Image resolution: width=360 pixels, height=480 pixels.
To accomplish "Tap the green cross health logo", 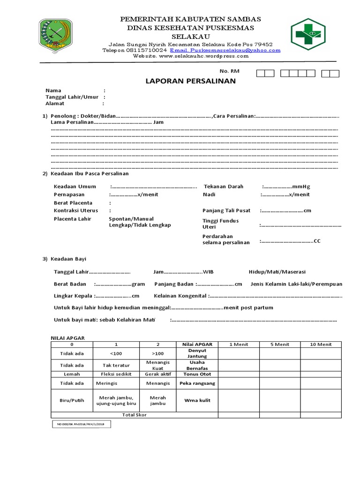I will tap(310, 34).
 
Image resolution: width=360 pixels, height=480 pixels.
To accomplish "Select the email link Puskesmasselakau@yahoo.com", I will tap(225, 50).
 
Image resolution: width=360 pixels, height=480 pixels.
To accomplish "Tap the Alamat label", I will tap(55, 104).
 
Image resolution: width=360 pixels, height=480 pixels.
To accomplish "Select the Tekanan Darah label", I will tap(223, 186).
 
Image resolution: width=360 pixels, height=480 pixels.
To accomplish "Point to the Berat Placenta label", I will tap(73, 203).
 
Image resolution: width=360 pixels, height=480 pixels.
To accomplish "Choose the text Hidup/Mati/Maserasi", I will tap(277, 272).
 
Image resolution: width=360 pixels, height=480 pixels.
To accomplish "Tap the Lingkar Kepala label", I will tap(74, 296).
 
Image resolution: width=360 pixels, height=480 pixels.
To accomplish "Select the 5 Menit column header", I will tap(280, 344).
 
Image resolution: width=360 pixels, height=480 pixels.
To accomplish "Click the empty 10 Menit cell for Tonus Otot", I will tap(321, 374).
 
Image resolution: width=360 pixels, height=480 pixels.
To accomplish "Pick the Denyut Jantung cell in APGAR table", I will tap(197, 353).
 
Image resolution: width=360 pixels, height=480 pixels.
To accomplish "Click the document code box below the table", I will tap(81, 424).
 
